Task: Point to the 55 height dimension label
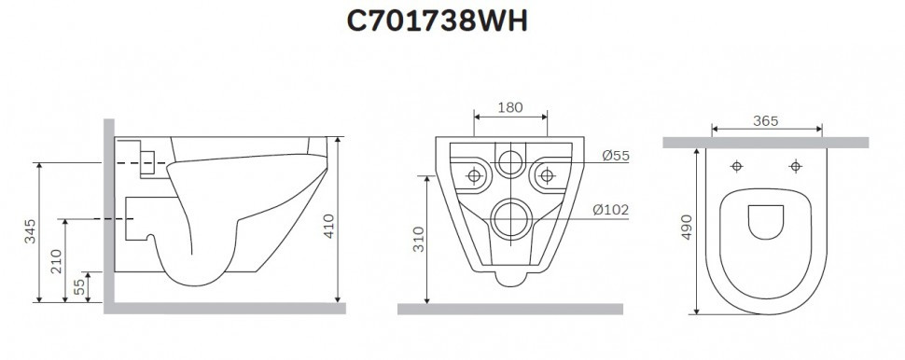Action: [x=79, y=287]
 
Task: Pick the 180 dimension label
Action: [x=510, y=107]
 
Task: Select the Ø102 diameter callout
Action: [x=611, y=211]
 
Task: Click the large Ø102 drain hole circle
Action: [x=510, y=219]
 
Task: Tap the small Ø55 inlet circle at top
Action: [x=510, y=163]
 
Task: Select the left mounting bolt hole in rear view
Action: [x=476, y=174]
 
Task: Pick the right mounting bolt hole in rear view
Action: [x=545, y=174]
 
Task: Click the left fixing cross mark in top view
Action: [x=737, y=167]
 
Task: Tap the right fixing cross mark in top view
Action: [x=795, y=167]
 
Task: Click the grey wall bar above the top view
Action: [x=765, y=143]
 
